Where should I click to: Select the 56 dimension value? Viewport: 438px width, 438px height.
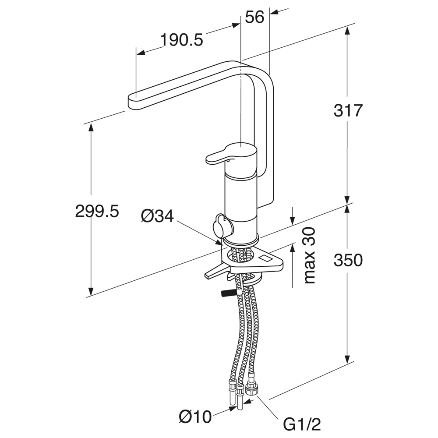coord(254,18)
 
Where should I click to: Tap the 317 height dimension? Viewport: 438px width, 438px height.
coord(348,111)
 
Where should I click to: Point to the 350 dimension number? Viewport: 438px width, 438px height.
coord(348,260)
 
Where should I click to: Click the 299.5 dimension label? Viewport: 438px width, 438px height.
coord(97,211)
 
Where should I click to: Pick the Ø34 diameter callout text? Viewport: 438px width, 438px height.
coord(157,216)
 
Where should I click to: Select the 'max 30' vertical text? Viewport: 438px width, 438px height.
coord(310,255)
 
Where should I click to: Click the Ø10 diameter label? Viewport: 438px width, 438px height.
coord(195,417)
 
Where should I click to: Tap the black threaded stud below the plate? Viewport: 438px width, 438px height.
coord(229,293)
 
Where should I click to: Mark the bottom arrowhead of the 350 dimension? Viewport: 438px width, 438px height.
coord(347,359)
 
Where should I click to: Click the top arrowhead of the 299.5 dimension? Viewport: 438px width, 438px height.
coord(91,129)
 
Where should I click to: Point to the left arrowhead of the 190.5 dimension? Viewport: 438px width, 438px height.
coord(141,53)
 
